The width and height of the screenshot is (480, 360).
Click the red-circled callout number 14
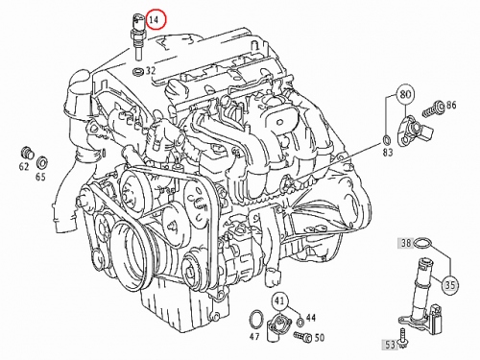coord(156,19)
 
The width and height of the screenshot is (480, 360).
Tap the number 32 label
coord(151,70)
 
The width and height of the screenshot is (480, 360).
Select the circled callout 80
coord(405,94)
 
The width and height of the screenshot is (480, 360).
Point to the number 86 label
coord(451,105)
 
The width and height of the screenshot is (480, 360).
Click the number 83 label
coord(388,153)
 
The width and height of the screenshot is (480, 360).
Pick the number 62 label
coord(24,166)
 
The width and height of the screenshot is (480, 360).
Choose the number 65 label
coord(40,177)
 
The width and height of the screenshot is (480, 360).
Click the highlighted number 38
coord(406,243)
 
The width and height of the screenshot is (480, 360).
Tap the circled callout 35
coord(450,284)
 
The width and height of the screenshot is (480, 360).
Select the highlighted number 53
coord(390,345)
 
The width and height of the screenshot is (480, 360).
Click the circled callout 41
coord(280,300)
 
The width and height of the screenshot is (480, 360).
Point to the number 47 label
coord(255,336)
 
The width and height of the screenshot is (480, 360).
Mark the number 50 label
coord(320,337)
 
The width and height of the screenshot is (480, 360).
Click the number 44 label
coord(311,318)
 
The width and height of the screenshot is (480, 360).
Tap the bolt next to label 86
coord(433,108)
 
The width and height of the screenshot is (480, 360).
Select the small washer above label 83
coord(387,139)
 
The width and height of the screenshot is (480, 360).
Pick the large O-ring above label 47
coord(256,319)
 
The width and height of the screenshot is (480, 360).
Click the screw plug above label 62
coord(27,153)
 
